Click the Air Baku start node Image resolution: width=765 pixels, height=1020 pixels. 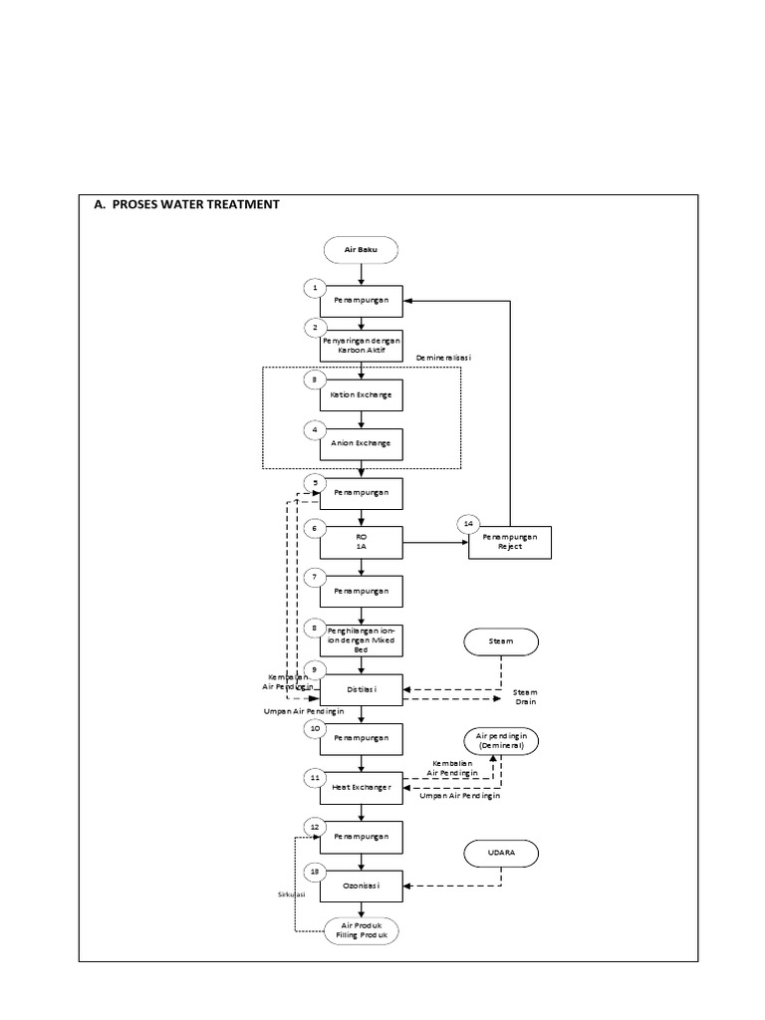(361, 249)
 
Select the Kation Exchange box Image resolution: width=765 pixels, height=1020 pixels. (361, 394)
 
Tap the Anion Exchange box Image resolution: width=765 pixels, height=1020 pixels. (361, 443)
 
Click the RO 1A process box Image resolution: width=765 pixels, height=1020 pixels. (361, 543)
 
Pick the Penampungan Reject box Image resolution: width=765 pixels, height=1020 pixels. (509, 543)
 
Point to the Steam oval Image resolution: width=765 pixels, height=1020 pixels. (501, 641)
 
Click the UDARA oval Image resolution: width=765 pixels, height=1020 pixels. (501, 854)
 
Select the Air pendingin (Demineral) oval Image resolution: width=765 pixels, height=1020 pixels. (501, 739)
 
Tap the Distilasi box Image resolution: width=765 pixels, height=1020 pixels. (361, 690)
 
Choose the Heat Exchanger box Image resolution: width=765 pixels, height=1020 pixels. (361, 787)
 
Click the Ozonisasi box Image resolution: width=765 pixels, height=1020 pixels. (361, 884)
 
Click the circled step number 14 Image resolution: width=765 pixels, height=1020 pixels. (466, 524)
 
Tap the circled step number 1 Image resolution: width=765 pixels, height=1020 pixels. (315, 288)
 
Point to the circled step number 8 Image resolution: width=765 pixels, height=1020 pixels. (315, 629)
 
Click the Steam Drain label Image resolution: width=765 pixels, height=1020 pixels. (525, 697)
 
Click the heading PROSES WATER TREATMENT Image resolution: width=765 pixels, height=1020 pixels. (187, 204)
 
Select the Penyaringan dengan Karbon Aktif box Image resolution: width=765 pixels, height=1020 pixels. (361, 346)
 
